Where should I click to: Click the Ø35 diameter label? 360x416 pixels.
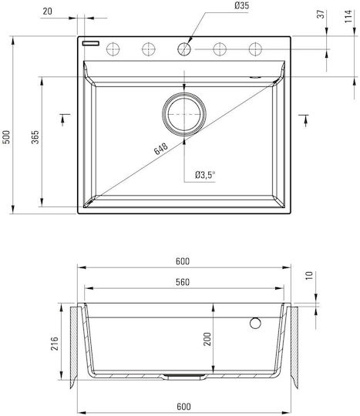click(x=241, y=6)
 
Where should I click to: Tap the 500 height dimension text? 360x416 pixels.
click(x=6, y=137)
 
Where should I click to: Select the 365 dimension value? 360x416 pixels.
click(x=35, y=137)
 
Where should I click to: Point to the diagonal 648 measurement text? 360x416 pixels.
click(x=161, y=149)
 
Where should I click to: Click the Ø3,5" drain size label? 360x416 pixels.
click(x=205, y=175)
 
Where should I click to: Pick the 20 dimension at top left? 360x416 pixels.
click(x=48, y=12)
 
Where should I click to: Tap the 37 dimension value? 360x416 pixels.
click(x=321, y=14)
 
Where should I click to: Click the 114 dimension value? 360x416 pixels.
click(x=348, y=16)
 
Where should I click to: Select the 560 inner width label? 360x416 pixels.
click(x=183, y=282)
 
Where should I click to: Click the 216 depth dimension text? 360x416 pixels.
click(x=55, y=344)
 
